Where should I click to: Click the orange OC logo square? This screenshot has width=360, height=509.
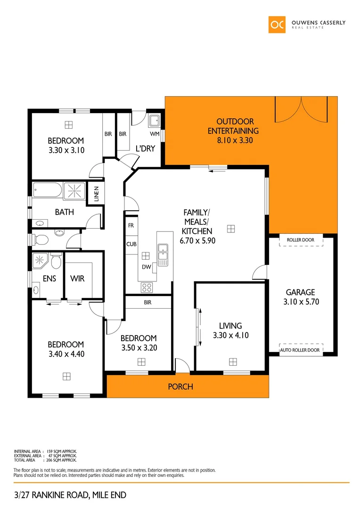pyautogui.click(x=277, y=25)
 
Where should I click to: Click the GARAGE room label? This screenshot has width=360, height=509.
pyautogui.click(x=302, y=292)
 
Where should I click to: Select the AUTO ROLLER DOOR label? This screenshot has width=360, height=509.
pyautogui.click(x=300, y=350)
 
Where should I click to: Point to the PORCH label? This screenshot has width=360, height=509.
pyautogui.click(x=180, y=387)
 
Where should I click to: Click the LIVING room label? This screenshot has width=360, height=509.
pyautogui.click(x=230, y=326)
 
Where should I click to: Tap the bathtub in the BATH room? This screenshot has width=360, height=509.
pyautogui.click(x=47, y=191)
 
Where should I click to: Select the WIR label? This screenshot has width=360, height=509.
pyautogui.click(x=77, y=279)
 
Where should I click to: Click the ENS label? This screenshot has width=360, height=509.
pyautogui.click(x=49, y=279)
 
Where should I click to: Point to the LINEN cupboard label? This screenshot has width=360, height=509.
pyautogui.click(x=96, y=194)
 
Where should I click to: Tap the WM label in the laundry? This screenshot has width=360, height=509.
pyautogui.click(x=155, y=134)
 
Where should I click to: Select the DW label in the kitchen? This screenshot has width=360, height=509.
pyautogui.click(x=147, y=267)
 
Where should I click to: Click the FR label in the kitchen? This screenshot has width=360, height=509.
pyautogui.click(x=131, y=226)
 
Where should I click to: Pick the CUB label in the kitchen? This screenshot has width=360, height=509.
pyautogui.click(x=131, y=244)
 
